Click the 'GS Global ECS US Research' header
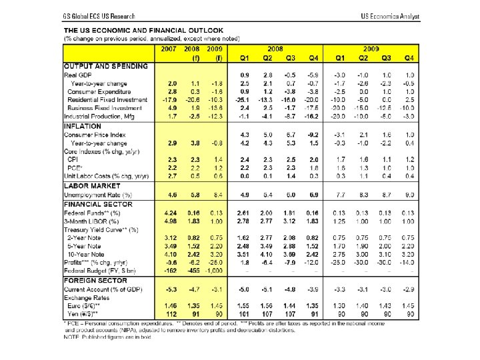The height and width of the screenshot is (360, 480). [x=99, y=15]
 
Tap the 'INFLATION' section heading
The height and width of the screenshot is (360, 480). [x=83, y=125]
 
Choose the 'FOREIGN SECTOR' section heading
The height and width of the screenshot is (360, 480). [x=94, y=280]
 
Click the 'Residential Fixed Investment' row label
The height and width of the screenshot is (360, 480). [x=107, y=99]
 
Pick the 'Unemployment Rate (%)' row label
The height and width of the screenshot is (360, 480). [x=98, y=194]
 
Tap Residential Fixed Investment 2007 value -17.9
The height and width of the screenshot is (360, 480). [x=171, y=99]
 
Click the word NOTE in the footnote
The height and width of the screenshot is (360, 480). [x=72, y=337]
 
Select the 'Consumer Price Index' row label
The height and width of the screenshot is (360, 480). [x=95, y=134]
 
